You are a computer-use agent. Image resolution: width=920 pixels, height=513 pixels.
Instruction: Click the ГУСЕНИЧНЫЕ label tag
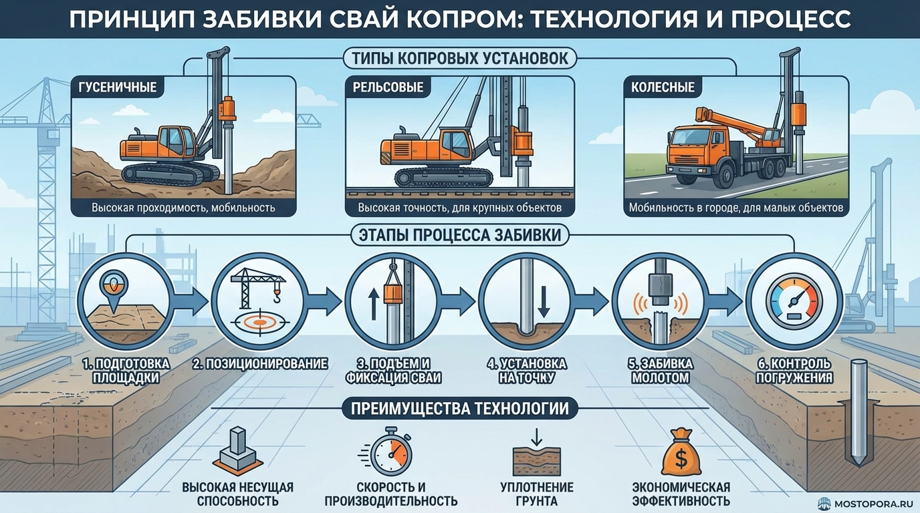118,88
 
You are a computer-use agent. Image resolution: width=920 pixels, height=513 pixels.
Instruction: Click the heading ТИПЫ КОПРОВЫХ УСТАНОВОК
459,58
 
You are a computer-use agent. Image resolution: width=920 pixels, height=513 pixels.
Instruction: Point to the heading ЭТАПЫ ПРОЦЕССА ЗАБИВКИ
459,234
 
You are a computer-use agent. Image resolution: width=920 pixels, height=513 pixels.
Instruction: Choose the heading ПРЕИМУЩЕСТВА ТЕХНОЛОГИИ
459,407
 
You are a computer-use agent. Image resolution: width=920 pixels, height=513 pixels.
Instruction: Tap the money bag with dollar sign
680,454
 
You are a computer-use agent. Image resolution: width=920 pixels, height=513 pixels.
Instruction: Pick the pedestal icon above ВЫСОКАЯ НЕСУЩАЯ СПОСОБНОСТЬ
237,452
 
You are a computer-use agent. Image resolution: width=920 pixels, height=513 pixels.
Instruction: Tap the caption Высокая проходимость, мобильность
183,208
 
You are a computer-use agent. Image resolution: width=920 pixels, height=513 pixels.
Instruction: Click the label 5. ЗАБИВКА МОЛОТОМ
655,371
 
